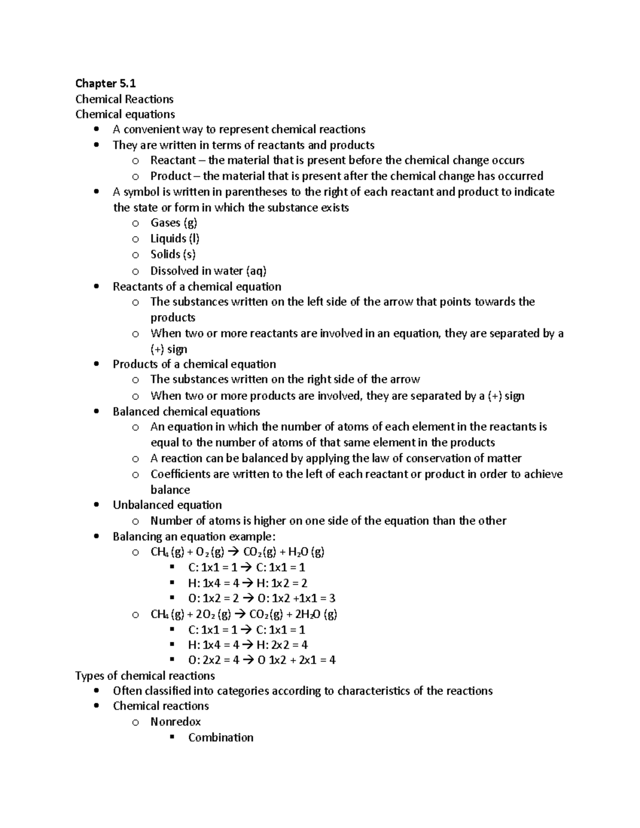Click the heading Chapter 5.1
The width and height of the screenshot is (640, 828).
[106, 83]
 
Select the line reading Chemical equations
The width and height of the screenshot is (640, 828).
[125, 114]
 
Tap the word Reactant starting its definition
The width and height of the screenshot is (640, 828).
[173, 160]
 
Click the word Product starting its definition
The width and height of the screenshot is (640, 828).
[170, 176]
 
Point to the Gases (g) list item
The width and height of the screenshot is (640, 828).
[173, 223]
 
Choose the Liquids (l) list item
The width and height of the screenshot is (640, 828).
[174, 238]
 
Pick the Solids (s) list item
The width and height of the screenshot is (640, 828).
[173, 254]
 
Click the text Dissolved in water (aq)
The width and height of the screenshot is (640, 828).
[208, 271]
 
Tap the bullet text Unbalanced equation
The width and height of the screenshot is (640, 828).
[167, 505]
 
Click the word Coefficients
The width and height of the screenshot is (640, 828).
[180, 474]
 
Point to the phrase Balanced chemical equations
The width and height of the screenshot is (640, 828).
[186, 412]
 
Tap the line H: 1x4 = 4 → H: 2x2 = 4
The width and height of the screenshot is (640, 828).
[248, 645]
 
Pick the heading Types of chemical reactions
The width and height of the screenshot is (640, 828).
[145, 676]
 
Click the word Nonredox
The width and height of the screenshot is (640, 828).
[175, 722]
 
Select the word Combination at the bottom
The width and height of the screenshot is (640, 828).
[220, 737]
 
